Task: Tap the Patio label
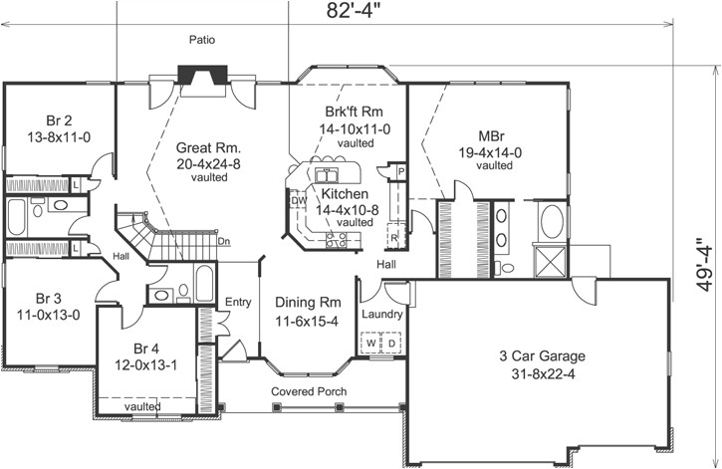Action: (203, 40)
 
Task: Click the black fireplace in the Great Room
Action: (191, 79)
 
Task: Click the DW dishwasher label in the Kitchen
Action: (298, 200)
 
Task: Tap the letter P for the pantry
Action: (399, 170)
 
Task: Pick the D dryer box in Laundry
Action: (390, 344)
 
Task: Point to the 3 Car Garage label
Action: (541, 355)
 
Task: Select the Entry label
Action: (238, 303)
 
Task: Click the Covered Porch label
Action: (309, 391)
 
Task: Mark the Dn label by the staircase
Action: (225, 240)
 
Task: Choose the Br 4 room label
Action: (147, 349)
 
